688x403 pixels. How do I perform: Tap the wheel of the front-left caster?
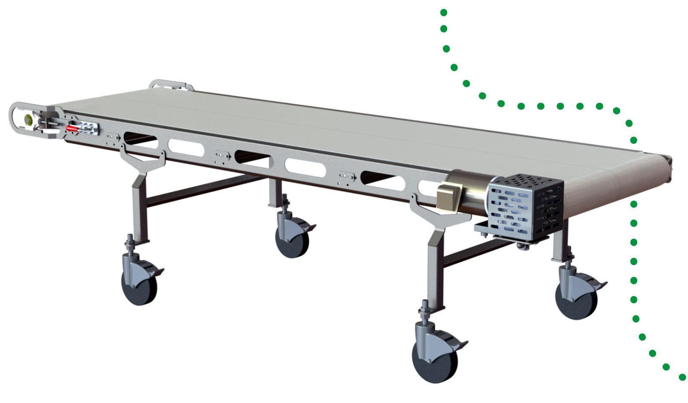point(139,286)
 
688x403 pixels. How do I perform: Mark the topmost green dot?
point(444,12)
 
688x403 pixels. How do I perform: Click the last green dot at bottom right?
point(682,377)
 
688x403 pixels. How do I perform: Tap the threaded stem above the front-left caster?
point(129,244)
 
